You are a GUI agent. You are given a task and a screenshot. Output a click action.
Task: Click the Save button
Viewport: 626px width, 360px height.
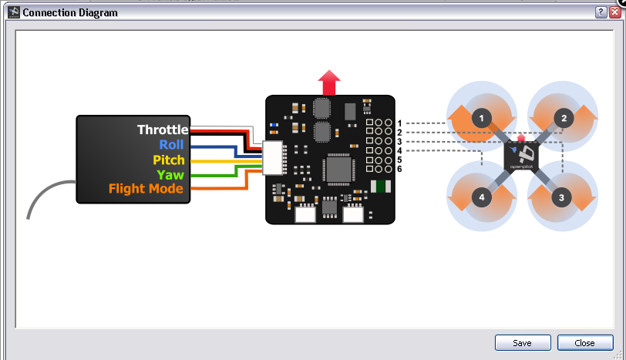pos(523,343)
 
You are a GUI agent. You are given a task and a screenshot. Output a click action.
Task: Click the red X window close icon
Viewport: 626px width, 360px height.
pos(614,12)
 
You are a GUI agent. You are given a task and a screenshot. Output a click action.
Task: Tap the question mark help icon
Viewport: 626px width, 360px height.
pos(601,12)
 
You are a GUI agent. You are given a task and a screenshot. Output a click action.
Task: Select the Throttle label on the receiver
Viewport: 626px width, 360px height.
pos(162,130)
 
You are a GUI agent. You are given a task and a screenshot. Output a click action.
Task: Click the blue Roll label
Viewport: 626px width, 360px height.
pos(172,145)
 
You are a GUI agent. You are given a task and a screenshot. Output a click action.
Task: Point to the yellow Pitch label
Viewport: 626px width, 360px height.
pos(168,160)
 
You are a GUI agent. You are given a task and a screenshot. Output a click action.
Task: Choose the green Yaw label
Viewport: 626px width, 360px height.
pos(170,174)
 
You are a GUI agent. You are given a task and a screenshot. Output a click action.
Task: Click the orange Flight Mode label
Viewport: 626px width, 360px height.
pos(146,189)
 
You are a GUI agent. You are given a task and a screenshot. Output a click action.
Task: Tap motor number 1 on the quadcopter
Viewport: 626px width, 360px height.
pos(482,118)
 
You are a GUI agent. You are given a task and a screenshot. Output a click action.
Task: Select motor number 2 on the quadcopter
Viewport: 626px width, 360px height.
pos(564,118)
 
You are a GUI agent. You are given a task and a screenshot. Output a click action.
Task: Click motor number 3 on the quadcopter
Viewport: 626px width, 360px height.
pos(561,197)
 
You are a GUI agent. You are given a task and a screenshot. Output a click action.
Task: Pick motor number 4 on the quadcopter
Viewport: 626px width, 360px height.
pos(482,197)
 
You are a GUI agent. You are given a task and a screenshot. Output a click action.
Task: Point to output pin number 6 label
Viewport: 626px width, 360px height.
pos(399,169)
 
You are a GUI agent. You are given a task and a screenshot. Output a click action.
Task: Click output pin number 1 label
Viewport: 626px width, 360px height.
pos(399,123)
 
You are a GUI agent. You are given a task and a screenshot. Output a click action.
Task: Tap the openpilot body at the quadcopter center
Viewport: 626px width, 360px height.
pos(521,157)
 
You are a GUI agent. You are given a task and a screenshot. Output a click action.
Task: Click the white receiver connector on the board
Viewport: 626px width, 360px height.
pos(273,157)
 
